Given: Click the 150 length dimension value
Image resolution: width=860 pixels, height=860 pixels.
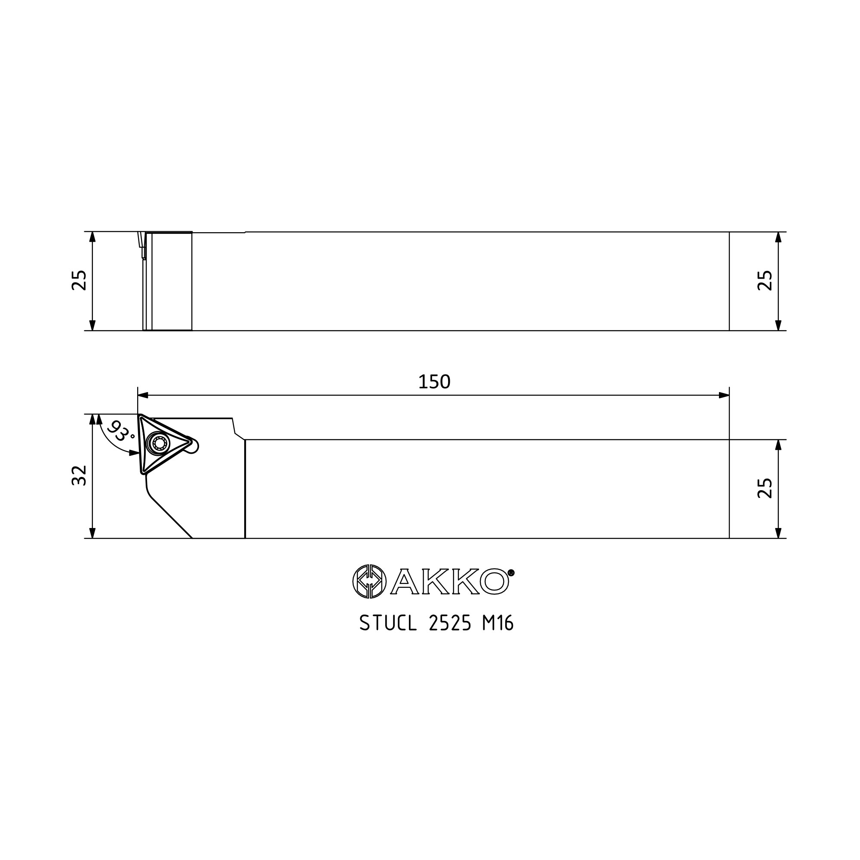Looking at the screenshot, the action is tap(434, 382).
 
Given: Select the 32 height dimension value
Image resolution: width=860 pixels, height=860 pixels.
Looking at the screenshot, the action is tap(79, 476).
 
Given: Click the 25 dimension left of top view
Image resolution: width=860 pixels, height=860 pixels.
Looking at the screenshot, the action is tap(79, 280).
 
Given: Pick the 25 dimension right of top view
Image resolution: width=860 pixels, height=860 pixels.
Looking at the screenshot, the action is tap(765, 280).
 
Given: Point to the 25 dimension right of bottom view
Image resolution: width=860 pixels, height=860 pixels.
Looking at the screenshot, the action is tap(765, 488).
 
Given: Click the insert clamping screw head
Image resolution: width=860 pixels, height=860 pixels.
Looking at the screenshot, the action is tap(159, 443).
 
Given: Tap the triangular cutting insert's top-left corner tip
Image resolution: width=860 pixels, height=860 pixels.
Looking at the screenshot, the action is tap(141, 416).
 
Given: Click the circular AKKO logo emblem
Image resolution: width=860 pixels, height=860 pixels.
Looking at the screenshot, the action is tap(369, 581).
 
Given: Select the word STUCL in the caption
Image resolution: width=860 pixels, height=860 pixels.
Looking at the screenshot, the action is tap(388, 623).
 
